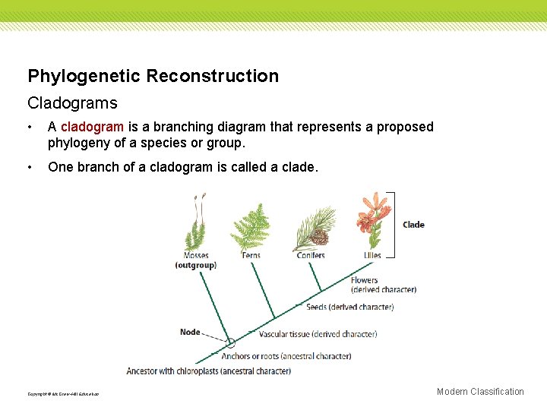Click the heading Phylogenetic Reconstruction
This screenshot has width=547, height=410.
pos(153,76)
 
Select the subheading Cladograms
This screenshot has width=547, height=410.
pos(72,102)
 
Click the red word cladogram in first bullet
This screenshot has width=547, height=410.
pos(92,127)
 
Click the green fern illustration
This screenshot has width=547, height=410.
pos(251,227)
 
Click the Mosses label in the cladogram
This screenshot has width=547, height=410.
pos(196,256)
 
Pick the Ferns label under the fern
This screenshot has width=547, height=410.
pos(251,256)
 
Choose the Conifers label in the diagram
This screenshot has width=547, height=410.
pos(311,256)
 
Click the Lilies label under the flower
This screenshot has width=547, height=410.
pos(372,256)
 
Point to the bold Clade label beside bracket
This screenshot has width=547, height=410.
pos(413,225)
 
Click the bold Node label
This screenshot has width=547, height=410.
pos(190,332)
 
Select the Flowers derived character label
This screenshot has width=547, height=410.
pos(383,285)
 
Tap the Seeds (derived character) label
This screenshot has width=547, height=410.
pos(349,307)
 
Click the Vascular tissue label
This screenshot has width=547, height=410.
pos(318,334)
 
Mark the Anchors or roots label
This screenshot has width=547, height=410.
pos(286,356)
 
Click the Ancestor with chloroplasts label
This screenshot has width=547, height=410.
pos(208,371)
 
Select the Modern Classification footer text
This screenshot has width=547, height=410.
pos(480,392)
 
